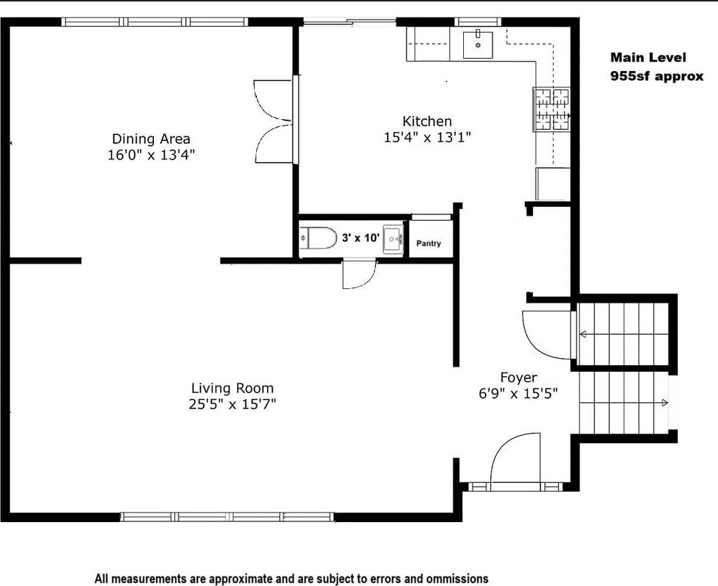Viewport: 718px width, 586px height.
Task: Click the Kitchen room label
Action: pos(427,121)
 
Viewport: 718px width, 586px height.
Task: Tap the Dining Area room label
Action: pos(151,139)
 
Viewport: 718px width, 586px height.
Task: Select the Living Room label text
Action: pos(232,388)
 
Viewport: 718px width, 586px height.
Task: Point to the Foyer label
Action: pos(518,378)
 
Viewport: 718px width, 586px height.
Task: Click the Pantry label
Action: pos(428,244)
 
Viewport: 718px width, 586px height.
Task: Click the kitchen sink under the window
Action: pos(478,44)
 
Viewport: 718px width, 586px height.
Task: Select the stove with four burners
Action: pos(552,110)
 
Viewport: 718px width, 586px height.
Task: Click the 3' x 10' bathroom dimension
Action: pos(361,237)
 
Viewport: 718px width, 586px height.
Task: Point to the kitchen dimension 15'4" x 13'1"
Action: pos(428,137)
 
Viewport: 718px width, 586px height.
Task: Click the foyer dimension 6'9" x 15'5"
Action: pos(518,394)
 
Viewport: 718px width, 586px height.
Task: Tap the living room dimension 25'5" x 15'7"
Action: pos(232,404)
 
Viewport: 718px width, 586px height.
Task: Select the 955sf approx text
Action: pos(657,76)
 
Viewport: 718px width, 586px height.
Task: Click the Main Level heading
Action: pos(648,57)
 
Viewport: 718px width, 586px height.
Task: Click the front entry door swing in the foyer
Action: pos(517,457)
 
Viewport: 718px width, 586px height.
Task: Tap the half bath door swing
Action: pos(359,274)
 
